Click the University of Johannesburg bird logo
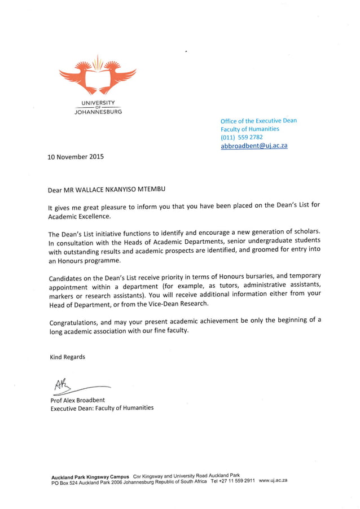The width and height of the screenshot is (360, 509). point(98,75)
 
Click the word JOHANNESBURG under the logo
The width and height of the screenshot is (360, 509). point(98,112)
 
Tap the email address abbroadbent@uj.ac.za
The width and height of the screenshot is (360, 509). point(254,146)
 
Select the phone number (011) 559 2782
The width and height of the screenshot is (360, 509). point(242,137)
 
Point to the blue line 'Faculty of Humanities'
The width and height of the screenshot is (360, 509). point(250,129)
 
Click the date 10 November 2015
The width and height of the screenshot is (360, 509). point(76,157)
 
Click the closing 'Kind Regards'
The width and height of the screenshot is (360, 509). point(67,357)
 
